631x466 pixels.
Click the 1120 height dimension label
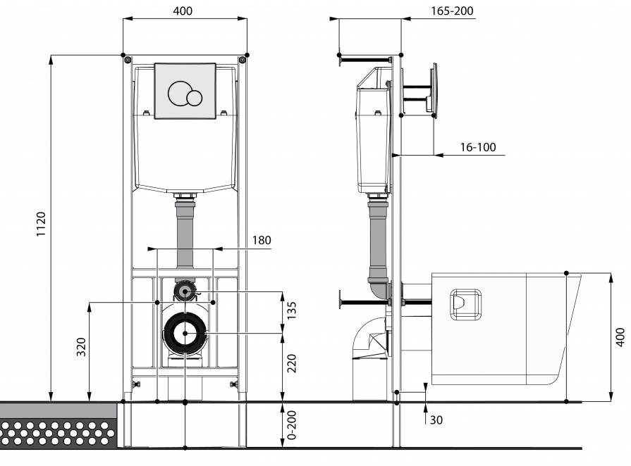coord(42,224)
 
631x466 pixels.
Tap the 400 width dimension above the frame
coord(183,11)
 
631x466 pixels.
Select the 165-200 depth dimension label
coord(452,11)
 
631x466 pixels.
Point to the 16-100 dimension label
coord(478,147)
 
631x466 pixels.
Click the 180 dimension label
coord(262,240)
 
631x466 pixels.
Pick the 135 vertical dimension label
coord(292,310)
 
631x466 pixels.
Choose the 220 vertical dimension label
coord(292,363)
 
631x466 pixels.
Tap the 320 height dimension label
coord(81,347)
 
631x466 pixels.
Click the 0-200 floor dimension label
coord(292,424)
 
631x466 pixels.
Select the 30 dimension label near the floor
coord(436,420)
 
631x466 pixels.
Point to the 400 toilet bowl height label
coord(621,337)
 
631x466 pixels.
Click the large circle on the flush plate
coord(180,93)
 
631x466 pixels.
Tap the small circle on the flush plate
coord(195,98)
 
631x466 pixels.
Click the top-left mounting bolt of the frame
coord(128,60)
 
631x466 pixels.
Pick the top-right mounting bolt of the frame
coord(242,60)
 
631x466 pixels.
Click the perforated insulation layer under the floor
coord(59,433)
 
